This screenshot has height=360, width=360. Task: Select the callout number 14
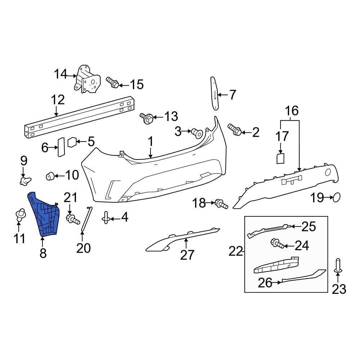[60, 74]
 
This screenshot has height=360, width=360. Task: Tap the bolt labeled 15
[112, 82]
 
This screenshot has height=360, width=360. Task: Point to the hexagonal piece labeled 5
[72, 142]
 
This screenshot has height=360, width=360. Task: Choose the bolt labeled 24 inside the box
[278, 244]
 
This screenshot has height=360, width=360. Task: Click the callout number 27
[187, 255]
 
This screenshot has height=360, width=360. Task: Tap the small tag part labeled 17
[280, 158]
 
